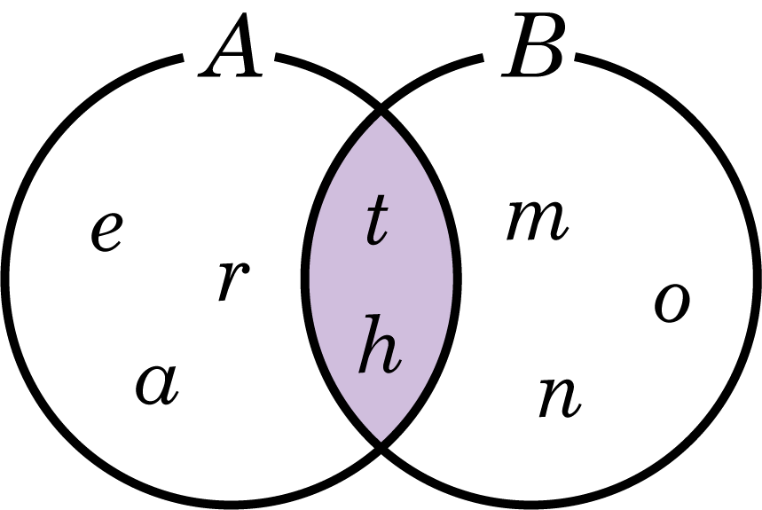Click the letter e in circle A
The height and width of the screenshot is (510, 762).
pos(106,232)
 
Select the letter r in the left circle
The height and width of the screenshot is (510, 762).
pos(232,282)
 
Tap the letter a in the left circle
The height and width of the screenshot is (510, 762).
pos(157,386)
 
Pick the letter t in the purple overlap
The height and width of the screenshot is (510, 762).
pos(377,221)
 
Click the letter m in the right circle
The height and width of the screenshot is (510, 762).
pos(537,221)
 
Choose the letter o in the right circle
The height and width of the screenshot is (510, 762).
pos(672,302)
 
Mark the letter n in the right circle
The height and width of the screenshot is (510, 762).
pos(560,396)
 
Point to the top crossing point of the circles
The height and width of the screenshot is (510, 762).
pos(381,114)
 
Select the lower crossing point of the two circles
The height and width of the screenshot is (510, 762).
pos(381,443)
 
